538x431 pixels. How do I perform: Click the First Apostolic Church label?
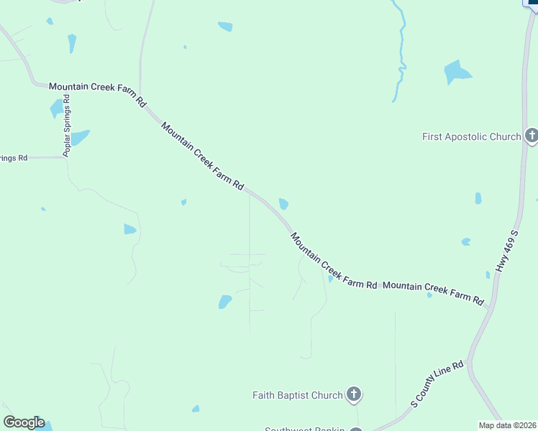(471, 136)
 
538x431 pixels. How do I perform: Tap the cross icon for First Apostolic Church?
(532, 136)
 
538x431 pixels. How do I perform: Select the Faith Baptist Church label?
(297, 395)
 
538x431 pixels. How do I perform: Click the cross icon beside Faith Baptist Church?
(353, 394)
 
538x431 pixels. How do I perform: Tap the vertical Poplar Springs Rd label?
(68, 125)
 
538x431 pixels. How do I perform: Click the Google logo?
(24, 422)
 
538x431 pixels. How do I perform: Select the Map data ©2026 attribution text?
(508, 425)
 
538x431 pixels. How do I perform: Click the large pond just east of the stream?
(456, 72)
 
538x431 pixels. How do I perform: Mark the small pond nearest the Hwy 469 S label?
(466, 241)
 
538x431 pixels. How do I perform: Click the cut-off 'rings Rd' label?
(13, 157)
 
